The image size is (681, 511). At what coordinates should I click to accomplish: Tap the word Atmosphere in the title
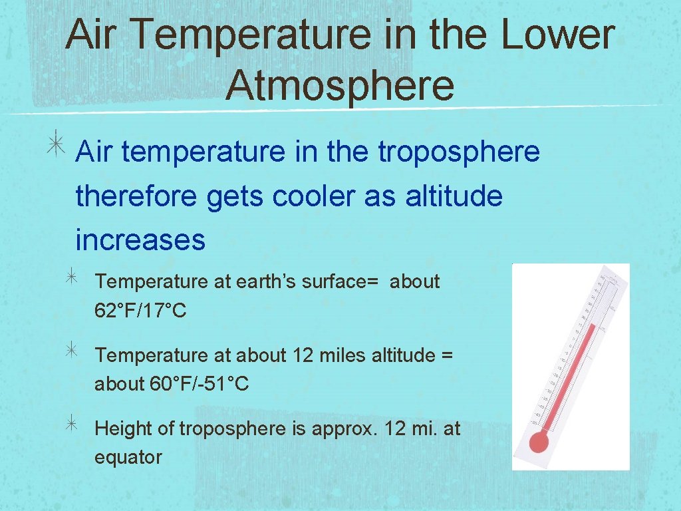click(340, 85)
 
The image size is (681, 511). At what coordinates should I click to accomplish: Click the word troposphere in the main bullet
click(459, 152)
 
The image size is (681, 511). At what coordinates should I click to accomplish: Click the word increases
click(140, 240)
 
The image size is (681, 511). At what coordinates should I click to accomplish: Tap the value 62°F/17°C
click(140, 310)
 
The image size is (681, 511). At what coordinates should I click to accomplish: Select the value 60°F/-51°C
click(200, 384)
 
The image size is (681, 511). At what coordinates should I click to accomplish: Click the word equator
click(128, 458)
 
